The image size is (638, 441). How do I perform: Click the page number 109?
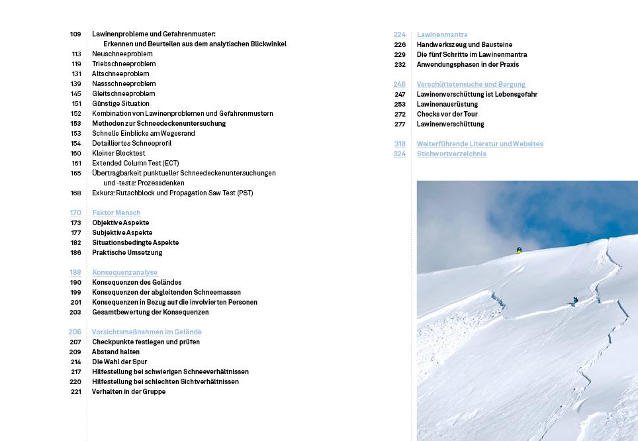click(x=75, y=34)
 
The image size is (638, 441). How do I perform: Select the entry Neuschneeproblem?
click(x=122, y=54)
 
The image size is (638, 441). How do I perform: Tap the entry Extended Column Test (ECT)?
click(x=135, y=163)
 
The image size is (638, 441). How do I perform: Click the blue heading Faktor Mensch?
click(x=116, y=213)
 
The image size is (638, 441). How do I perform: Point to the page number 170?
click(x=75, y=213)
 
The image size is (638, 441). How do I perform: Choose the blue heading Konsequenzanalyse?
click(x=124, y=272)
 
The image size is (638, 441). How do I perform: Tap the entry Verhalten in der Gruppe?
click(x=128, y=391)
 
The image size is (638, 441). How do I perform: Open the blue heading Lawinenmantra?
click(x=442, y=34)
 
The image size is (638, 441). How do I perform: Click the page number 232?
click(x=400, y=64)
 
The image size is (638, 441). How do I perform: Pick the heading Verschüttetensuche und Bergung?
click(x=471, y=84)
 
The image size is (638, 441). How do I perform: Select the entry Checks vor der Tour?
click(x=447, y=114)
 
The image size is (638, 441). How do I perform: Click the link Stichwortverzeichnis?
click(x=451, y=154)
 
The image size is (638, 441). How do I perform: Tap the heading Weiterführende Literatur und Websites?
click(x=480, y=144)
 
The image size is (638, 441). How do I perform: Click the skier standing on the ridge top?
click(x=519, y=250)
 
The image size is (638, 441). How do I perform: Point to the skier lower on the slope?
click(x=575, y=300)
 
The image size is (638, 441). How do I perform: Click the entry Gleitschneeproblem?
click(x=124, y=93)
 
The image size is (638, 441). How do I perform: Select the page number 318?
click(x=400, y=144)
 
